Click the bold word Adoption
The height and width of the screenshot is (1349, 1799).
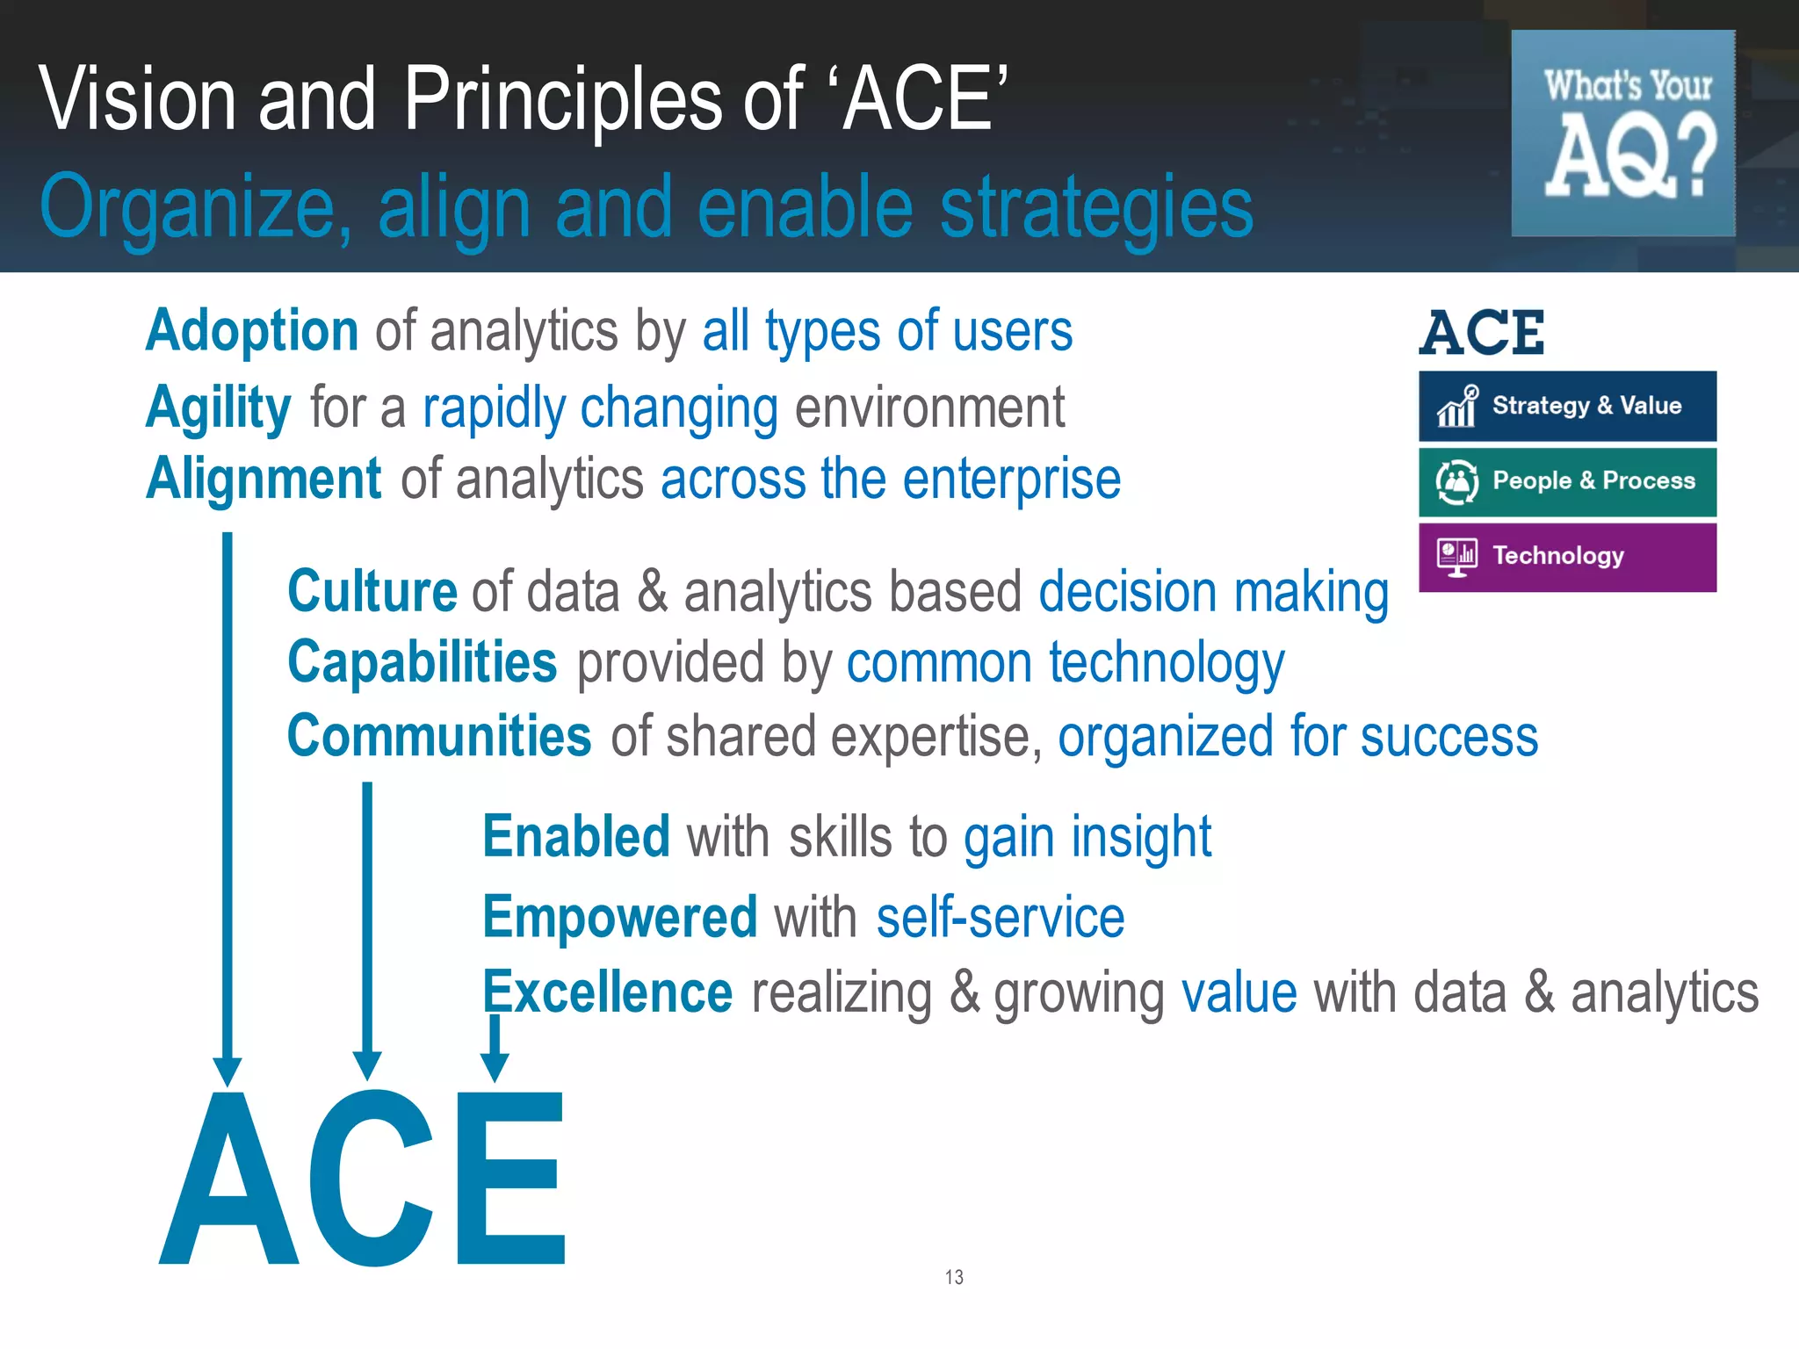click(x=252, y=332)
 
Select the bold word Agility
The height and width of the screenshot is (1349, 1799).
click(x=218, y=408)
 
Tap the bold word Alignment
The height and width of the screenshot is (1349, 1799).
click(x=264, y=480)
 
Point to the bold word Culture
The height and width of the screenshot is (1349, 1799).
click(x=372, y=591)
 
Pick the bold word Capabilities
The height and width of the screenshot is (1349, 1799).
click(x=423, y=662)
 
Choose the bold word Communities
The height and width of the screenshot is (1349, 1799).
click(x=439, y=736)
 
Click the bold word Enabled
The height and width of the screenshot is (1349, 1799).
click(x=576, y=837)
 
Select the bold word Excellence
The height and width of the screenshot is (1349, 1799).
click(x=608, y=993)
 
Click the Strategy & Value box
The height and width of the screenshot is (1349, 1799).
click(x=1567, y=406)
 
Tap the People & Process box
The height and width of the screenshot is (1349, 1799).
click(x=1567, y=482)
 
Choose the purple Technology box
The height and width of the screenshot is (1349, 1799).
click(x=1567, y=557)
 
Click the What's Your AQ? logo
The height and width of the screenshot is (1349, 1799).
click(x=1623, y=133)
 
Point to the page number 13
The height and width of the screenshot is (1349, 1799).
click(x=954, y=1277)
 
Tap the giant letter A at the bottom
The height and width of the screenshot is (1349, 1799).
click(x=228, y=1181)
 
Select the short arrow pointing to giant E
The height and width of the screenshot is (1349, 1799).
click(x=495, y=1048)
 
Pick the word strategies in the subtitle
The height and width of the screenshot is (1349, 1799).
click(x=1096, y=207)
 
